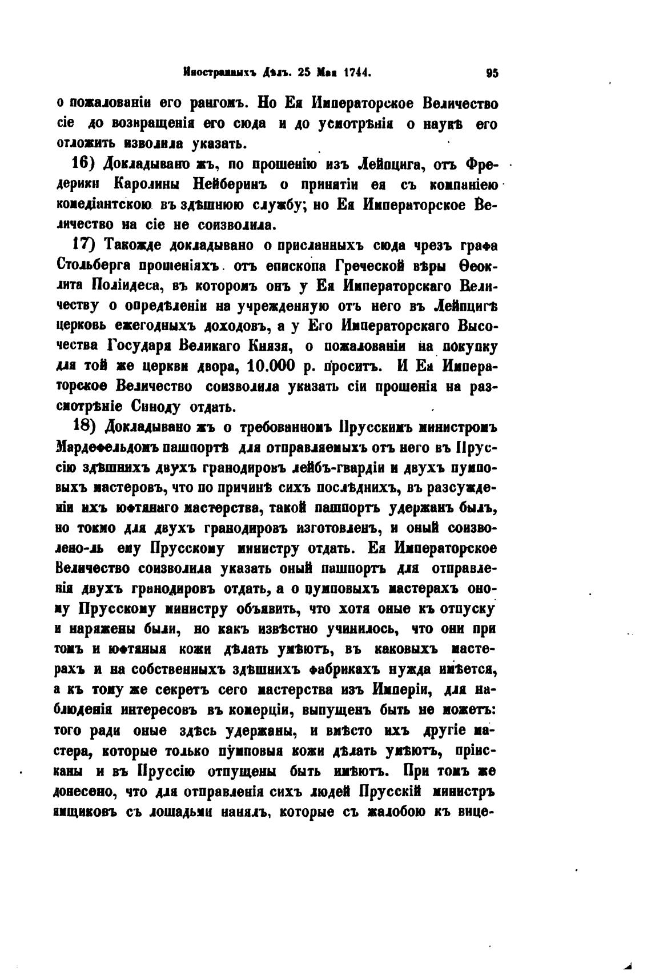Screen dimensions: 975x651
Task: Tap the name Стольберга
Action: pos(94,266)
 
